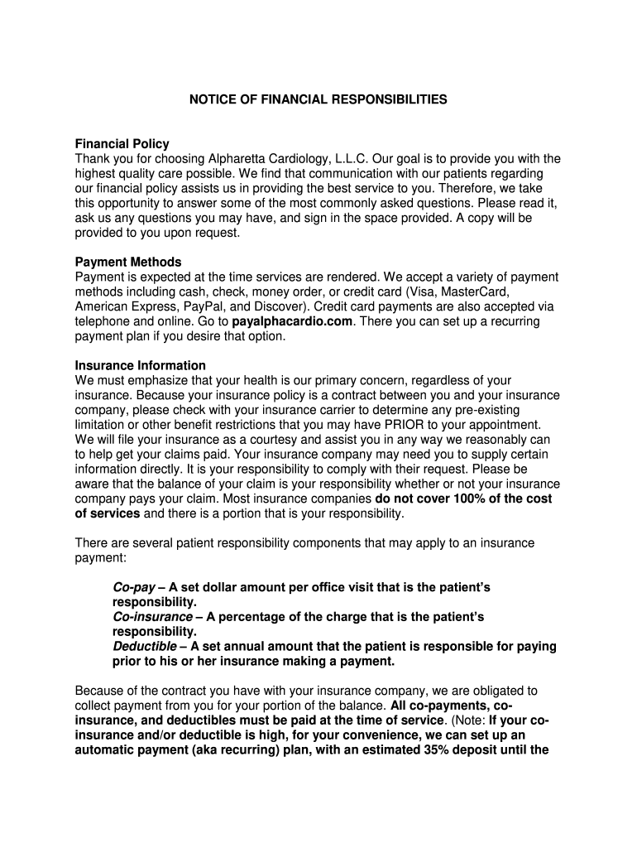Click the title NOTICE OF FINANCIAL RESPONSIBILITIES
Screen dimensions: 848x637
[318, 99]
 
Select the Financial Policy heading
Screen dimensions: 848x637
[122, 144]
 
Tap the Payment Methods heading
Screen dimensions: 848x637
[128, 262]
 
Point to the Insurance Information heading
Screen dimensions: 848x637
[141, 365]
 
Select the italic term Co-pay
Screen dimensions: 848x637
[131, 587]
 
